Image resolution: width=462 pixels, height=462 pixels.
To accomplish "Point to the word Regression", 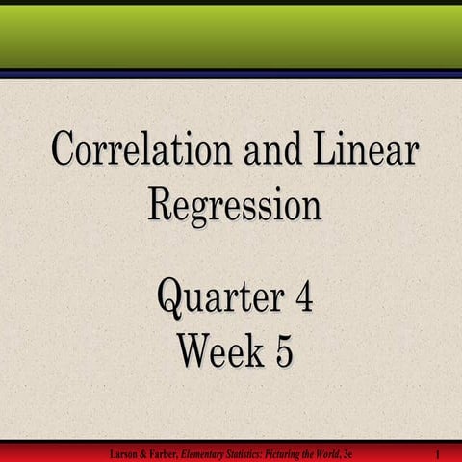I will pos(234,203).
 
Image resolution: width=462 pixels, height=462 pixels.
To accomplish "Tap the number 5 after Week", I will pos(283,350).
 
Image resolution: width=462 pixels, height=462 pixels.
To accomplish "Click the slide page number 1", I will pos(438,453).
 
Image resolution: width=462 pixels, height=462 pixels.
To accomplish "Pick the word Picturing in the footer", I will pos(294,453).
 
